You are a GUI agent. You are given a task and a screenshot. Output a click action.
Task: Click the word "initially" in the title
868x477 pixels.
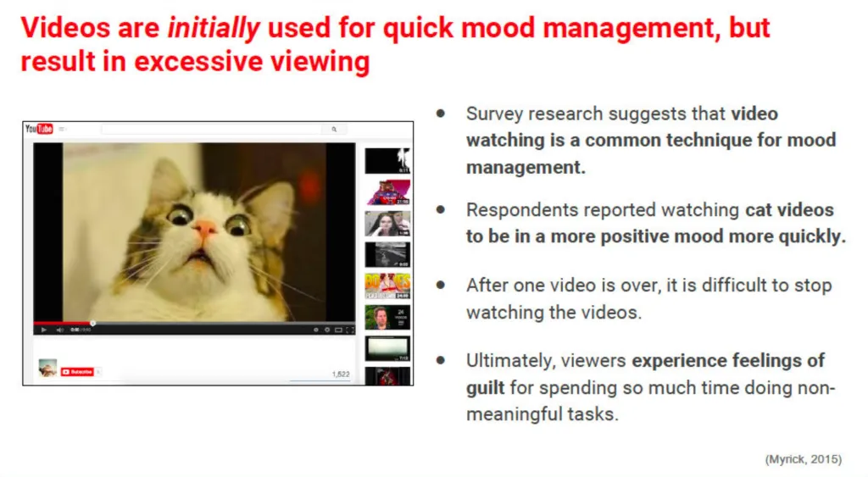(213, 28)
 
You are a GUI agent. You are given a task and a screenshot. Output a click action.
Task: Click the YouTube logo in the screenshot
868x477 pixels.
(39, 129)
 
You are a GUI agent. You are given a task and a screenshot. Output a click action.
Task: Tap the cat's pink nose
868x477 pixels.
(206, 229)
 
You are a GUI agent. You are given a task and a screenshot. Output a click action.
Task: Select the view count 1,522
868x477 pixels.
(340, 374)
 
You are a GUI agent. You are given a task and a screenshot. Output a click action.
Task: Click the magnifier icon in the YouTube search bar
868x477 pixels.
(334, 129)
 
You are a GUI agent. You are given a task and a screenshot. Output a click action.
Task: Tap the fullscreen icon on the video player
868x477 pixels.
(350, 330)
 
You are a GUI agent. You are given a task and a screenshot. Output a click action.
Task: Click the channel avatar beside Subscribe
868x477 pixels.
(47, 368)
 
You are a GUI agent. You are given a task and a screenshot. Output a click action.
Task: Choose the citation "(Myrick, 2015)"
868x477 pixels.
(803, 459)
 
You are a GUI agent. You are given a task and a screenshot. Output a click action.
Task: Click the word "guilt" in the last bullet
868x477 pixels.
(486, 387)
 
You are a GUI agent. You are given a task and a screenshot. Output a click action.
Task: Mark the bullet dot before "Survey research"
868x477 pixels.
(441, 114)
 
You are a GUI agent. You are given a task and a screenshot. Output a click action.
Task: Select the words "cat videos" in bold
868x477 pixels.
(790, 210)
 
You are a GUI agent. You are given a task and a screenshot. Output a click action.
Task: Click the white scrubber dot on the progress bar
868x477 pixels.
(93, 323)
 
